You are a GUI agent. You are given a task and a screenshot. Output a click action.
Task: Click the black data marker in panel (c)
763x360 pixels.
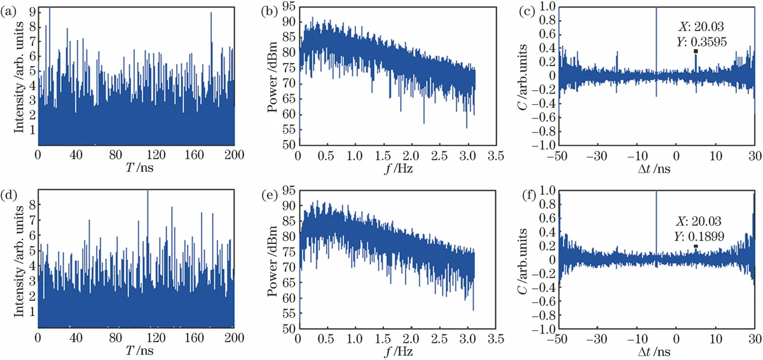tap(696, 52)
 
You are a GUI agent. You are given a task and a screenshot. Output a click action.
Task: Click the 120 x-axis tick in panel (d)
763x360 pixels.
tap(137, 339)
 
